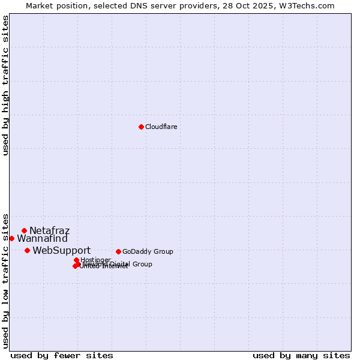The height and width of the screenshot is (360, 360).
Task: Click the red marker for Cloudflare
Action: (141, 127)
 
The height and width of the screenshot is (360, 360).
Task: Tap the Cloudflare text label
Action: (161, 127)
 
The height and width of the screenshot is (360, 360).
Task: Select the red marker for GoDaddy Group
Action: (118, 251)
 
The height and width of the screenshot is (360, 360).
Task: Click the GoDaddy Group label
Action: (148, 251)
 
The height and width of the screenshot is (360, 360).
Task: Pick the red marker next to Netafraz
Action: (24, 230)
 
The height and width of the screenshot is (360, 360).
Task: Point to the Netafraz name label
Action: (49, 230)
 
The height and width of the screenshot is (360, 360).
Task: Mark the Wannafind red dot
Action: (11, 238)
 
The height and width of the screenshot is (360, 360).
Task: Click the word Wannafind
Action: (42, 239)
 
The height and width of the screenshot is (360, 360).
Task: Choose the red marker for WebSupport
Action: (27, 250)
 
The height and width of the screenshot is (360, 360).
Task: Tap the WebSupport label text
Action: (61, 250)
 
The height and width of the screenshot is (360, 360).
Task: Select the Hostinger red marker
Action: (76, 260)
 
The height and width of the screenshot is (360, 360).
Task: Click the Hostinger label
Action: (95, 260)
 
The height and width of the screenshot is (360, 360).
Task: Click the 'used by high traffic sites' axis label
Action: (5, 85)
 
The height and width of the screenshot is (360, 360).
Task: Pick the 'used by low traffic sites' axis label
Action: (5, 281)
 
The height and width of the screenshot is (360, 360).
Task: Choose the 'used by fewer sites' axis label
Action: (62, 355)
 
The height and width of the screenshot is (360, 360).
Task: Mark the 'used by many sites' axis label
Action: (301, 355)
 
